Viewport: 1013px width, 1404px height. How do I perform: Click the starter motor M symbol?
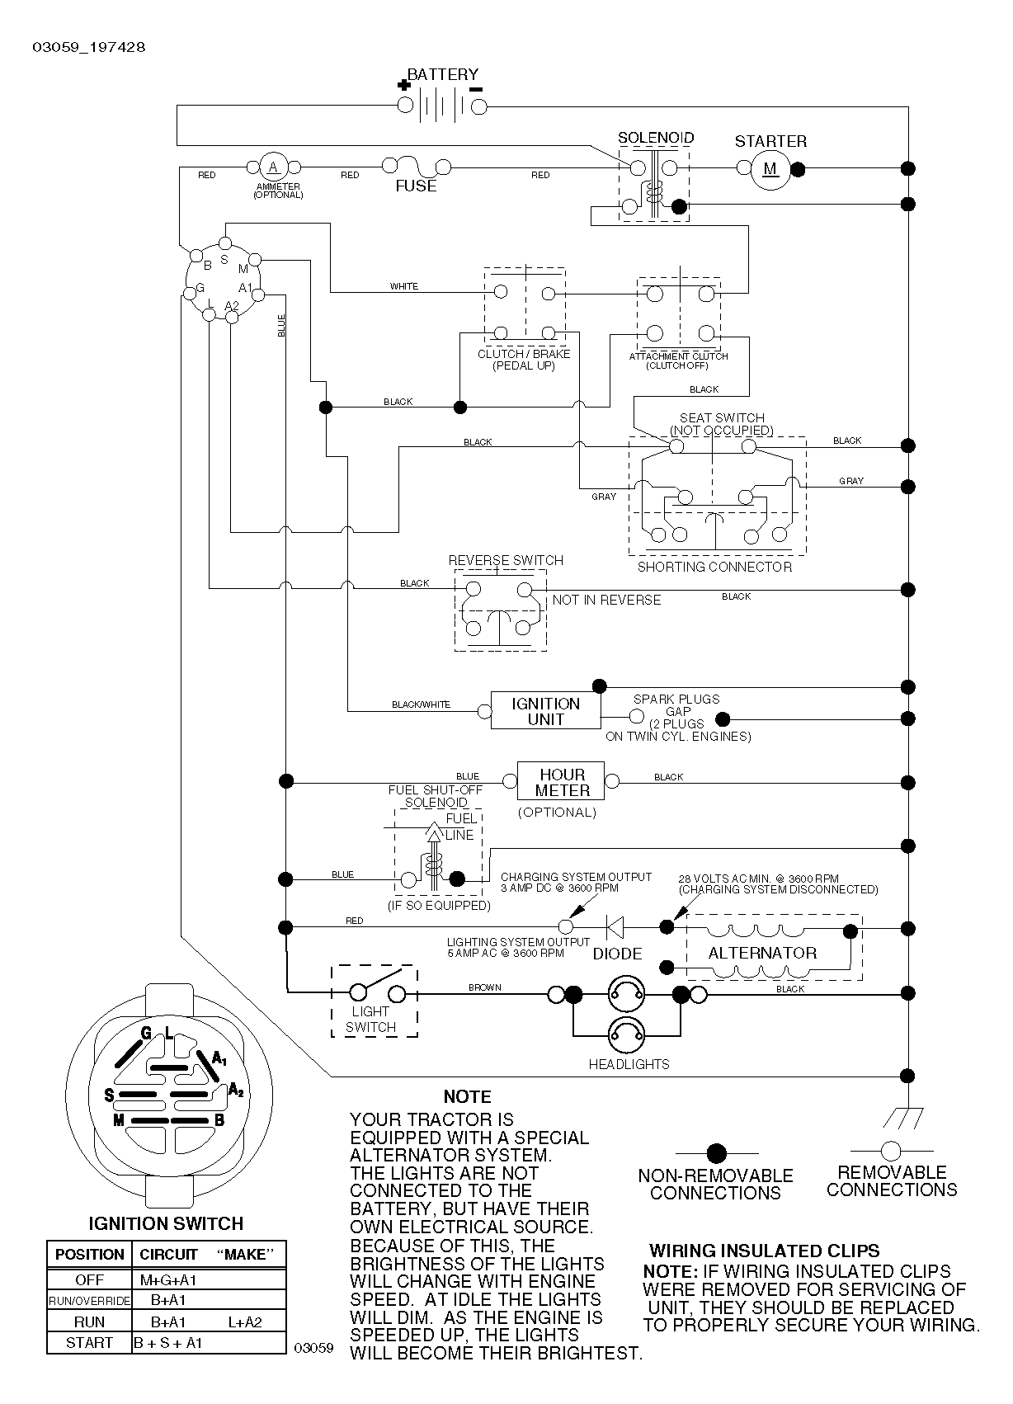[770, 168]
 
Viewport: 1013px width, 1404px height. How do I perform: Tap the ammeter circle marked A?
[273, 167]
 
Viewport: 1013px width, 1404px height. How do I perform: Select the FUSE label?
[416, 186]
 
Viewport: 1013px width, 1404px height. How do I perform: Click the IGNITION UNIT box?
[545, 710]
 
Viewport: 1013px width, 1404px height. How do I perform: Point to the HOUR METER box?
[561, 781]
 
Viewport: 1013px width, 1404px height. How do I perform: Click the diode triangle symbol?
[615, 927]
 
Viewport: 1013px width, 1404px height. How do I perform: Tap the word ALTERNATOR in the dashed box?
[762, 954]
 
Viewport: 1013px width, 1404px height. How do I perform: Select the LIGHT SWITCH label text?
[370, 1020]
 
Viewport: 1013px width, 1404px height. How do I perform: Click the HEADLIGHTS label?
[629, 1064]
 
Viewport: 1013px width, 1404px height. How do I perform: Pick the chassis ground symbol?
[903, 1119]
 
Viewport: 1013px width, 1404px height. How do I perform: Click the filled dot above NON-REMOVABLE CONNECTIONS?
[716, 1153]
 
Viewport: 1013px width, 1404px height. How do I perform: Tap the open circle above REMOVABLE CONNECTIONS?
[891, 1152]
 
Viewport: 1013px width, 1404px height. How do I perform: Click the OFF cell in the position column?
[89, 1280]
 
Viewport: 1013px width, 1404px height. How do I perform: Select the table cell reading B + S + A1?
[168, 1343]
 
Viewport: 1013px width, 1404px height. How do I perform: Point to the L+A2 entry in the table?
[245, 1322]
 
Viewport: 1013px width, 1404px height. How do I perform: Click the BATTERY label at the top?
[442, 74]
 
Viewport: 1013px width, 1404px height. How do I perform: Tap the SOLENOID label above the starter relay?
[657, 138]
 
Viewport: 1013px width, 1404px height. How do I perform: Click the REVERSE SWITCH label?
[506, 560]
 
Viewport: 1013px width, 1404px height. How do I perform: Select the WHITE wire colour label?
[403, 286]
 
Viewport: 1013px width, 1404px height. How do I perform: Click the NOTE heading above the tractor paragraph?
[467, 1096]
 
